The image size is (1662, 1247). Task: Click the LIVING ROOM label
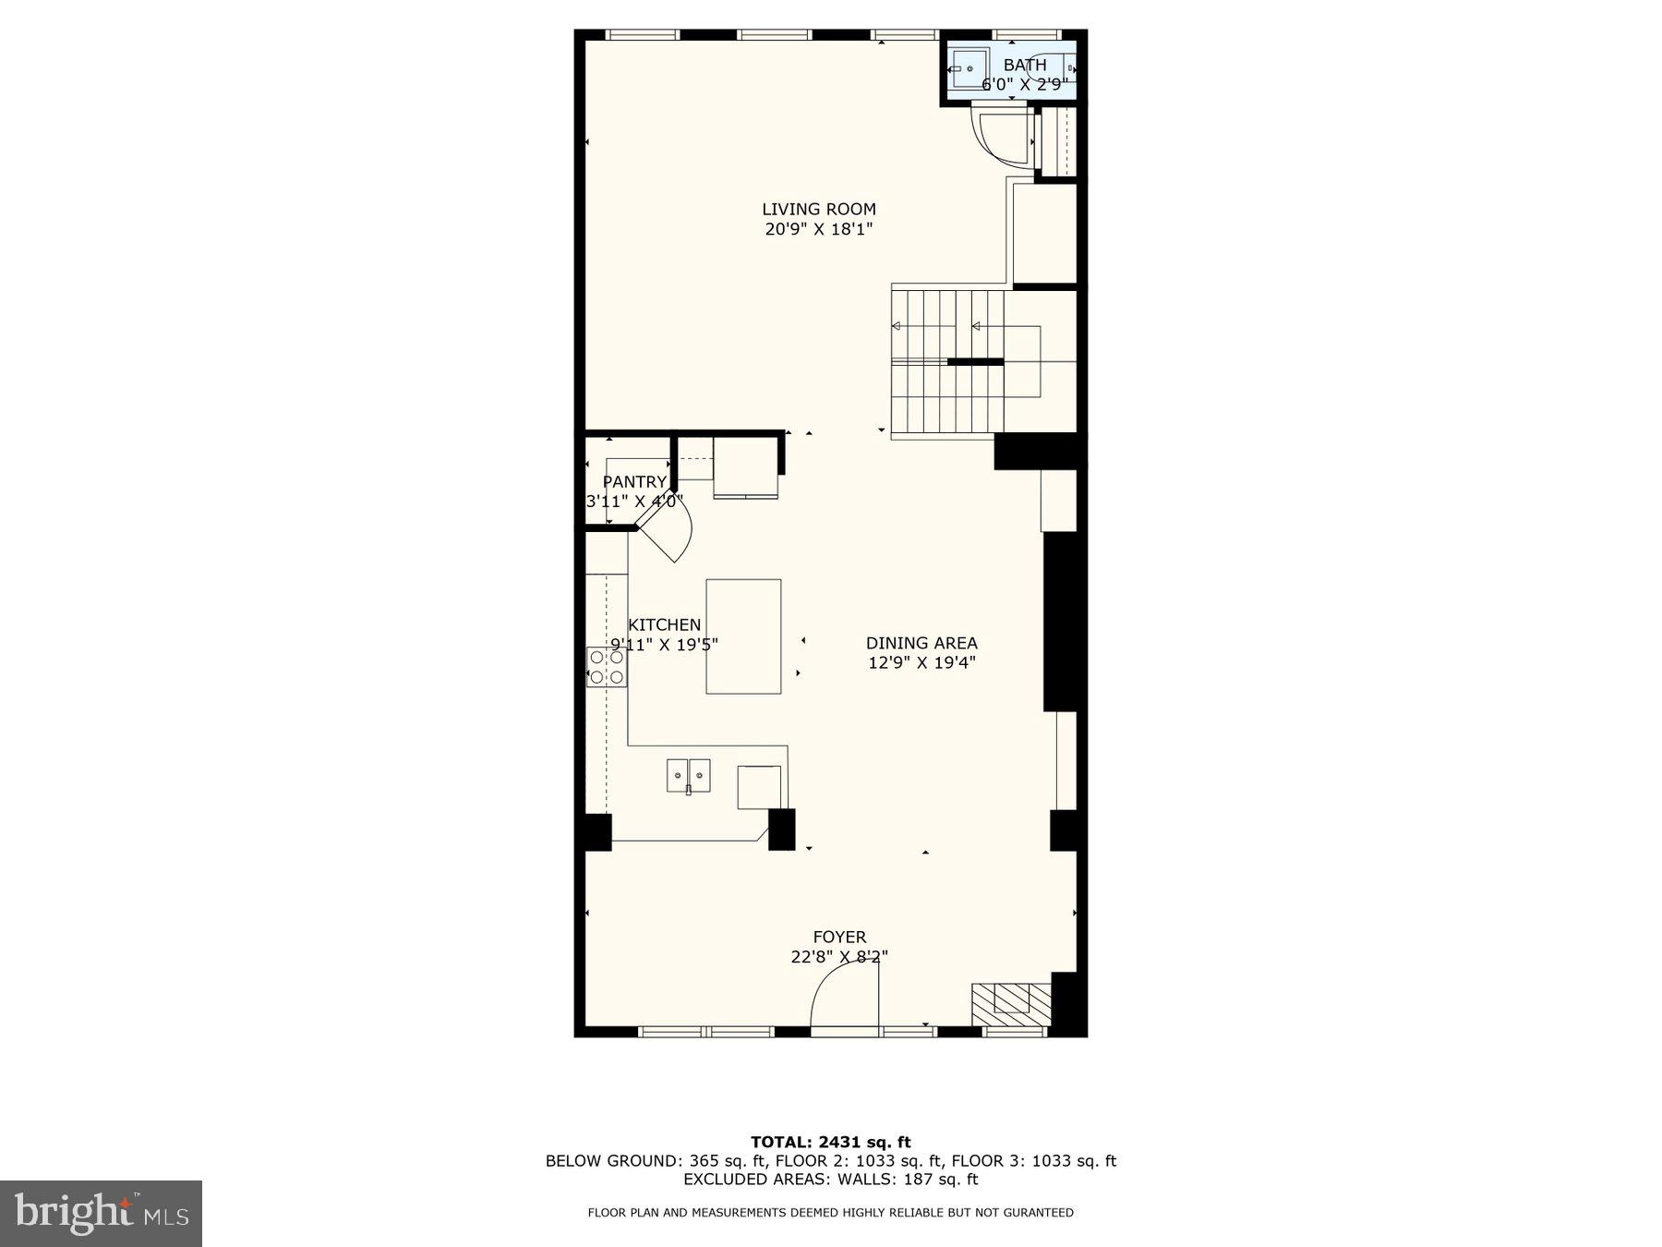[818, 210]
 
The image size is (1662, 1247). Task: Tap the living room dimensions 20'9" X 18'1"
[818, 229]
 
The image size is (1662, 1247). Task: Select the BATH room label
[1025, 65]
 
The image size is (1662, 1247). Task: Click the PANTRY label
[634, 482]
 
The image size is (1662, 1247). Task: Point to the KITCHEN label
[664, 625]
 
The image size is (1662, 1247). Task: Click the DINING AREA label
[921, 643]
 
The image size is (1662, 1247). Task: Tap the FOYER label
[839, 937]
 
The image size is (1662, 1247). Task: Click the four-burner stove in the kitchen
[607, 667]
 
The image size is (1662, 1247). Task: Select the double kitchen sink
[689, 776]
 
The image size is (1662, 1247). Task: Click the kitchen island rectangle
[743, 636]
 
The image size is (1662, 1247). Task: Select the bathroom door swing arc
[1002, 139]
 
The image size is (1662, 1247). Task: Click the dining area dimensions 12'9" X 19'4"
[921, 662]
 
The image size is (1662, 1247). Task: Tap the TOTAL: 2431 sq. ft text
[830, 1142]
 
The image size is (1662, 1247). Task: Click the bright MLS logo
[101, 1213]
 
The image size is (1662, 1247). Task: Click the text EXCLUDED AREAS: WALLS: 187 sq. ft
[830, 1179]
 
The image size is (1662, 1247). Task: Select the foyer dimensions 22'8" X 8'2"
[839, 957]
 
